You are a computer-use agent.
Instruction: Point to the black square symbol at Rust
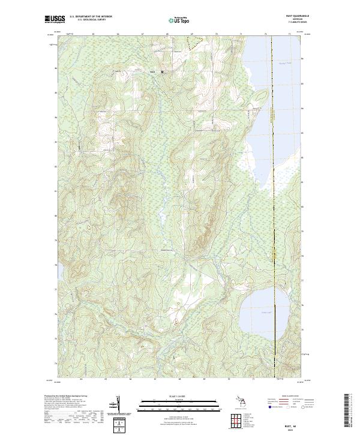[161, 73]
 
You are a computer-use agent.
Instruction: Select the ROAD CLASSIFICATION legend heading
[284, 397]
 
